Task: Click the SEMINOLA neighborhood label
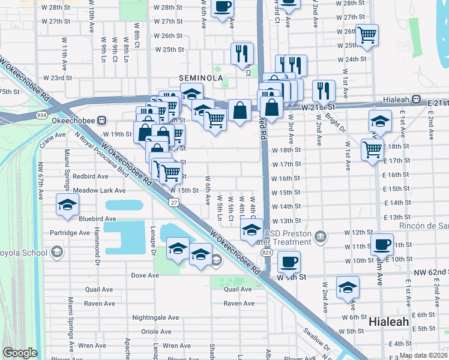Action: [200, 78]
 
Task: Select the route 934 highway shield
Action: [41, 115]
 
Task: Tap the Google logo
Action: [20, 353]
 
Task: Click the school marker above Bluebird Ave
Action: [67, 205]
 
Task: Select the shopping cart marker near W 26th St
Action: [367, 34]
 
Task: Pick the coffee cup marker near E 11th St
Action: [382, 244]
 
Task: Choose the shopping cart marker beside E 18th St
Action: [372, 148]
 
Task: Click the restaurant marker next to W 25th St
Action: [242, 53]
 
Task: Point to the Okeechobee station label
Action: [74, 121]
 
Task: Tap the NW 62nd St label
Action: [431, 272]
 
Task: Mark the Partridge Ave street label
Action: [70, 233]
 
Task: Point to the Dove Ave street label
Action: [145, 275]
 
